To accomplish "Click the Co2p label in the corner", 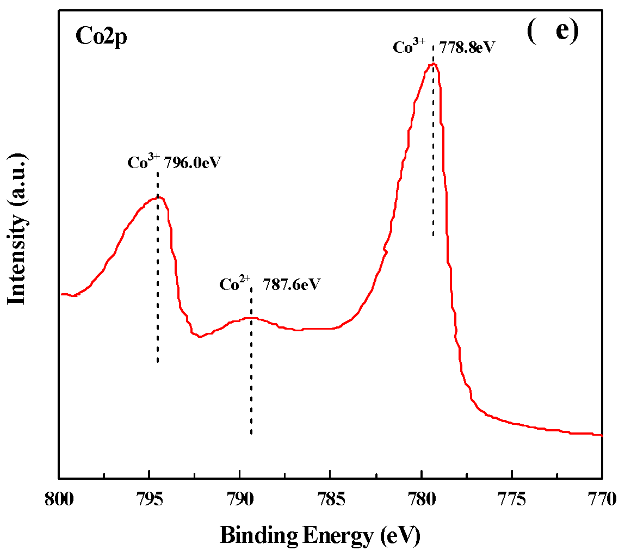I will (101, 37).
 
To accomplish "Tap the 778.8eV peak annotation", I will (468, 47).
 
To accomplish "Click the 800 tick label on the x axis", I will (59, 499).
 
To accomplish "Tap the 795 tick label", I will (150, 499).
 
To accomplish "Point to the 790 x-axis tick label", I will (240, 499).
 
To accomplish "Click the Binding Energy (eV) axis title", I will (320, 536).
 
